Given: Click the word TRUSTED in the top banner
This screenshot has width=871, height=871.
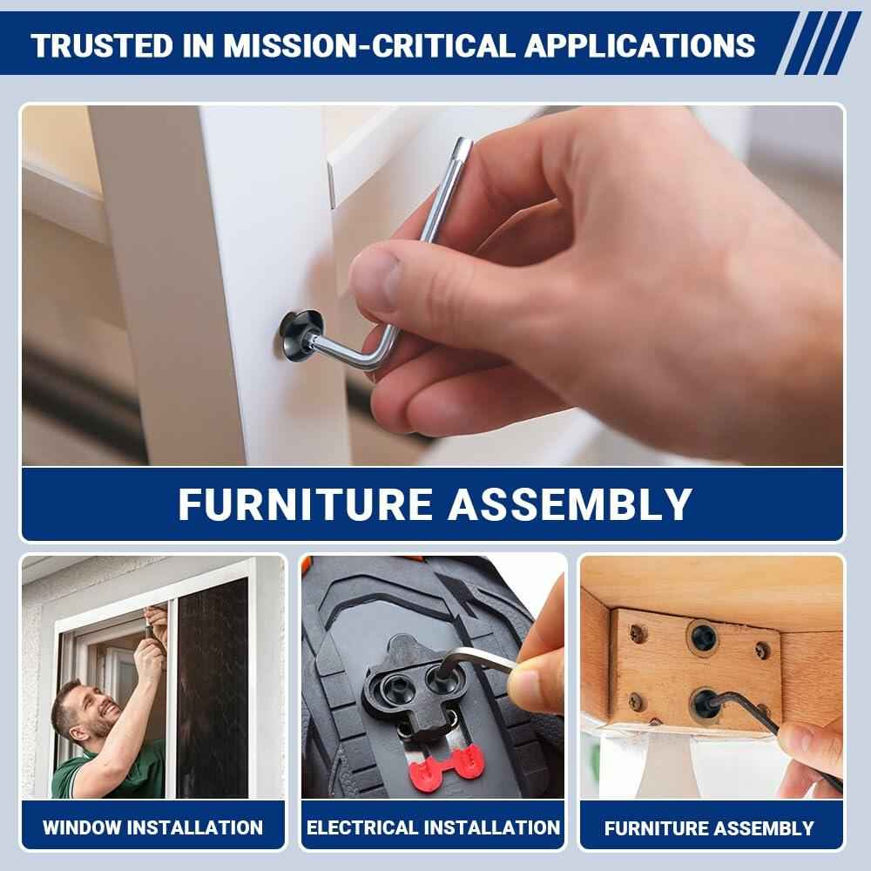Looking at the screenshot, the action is pyautogui.click(x=103, y=45).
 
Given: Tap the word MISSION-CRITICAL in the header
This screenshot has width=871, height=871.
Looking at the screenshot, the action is pyautogui.click(x=368, y=45).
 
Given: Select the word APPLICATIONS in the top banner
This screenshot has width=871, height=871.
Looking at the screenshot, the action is pyautogui.click(x=639, y=45).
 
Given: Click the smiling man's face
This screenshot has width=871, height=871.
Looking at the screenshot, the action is pyautogui.click(x=91, y=711).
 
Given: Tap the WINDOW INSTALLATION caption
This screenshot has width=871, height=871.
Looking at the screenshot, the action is pyautogui.click(x=152, y=827).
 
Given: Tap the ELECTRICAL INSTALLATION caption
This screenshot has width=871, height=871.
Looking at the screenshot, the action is pyautogui.click(x=433, y=827).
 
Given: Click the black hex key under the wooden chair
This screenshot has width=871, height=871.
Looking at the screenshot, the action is pyautogui.click(x=772, y=733).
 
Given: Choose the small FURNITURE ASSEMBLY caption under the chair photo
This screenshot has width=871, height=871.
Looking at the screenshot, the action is pyautogui.click(x=709, y=828).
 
